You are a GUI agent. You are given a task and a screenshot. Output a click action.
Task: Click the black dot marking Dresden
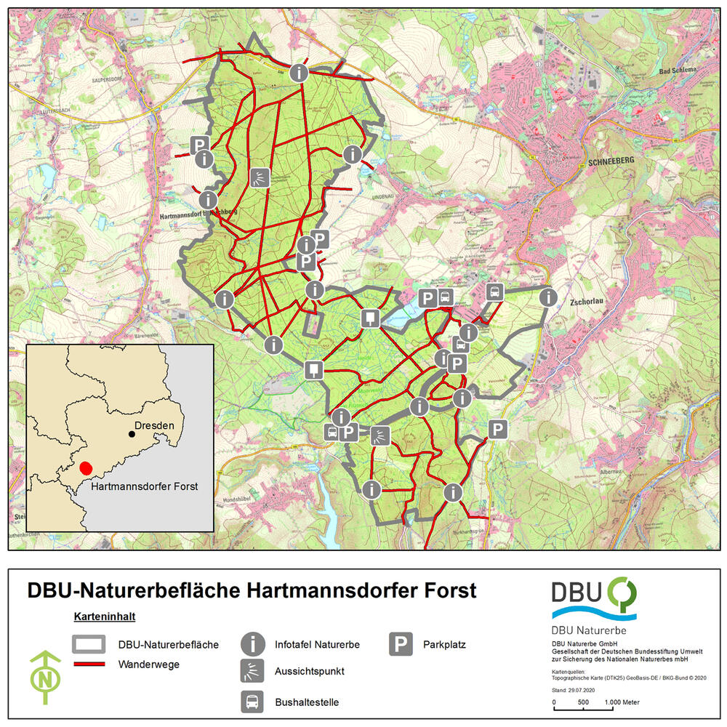[x=132, y=434]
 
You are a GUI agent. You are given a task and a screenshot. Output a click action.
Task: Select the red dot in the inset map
[x=87, y=468]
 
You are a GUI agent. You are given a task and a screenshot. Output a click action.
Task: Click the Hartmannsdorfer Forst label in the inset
[x=145, y=485]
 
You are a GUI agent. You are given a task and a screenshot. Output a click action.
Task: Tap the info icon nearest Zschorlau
[x=547, y=297]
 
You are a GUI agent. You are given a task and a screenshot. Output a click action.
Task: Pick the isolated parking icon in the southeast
[x=497, y=430]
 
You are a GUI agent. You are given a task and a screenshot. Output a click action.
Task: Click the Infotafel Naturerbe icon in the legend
[x=252, y=644]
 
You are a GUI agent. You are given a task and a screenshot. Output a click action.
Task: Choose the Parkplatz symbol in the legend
[x=400, y=644]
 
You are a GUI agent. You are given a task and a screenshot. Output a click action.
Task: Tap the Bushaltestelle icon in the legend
[x=252, y=702]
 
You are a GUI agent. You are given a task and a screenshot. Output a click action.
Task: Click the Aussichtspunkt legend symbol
[x=252, y=671]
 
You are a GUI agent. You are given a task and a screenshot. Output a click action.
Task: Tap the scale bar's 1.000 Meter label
[x=621, y=702]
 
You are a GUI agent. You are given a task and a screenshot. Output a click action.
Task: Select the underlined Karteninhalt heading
[x=105, y=616]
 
